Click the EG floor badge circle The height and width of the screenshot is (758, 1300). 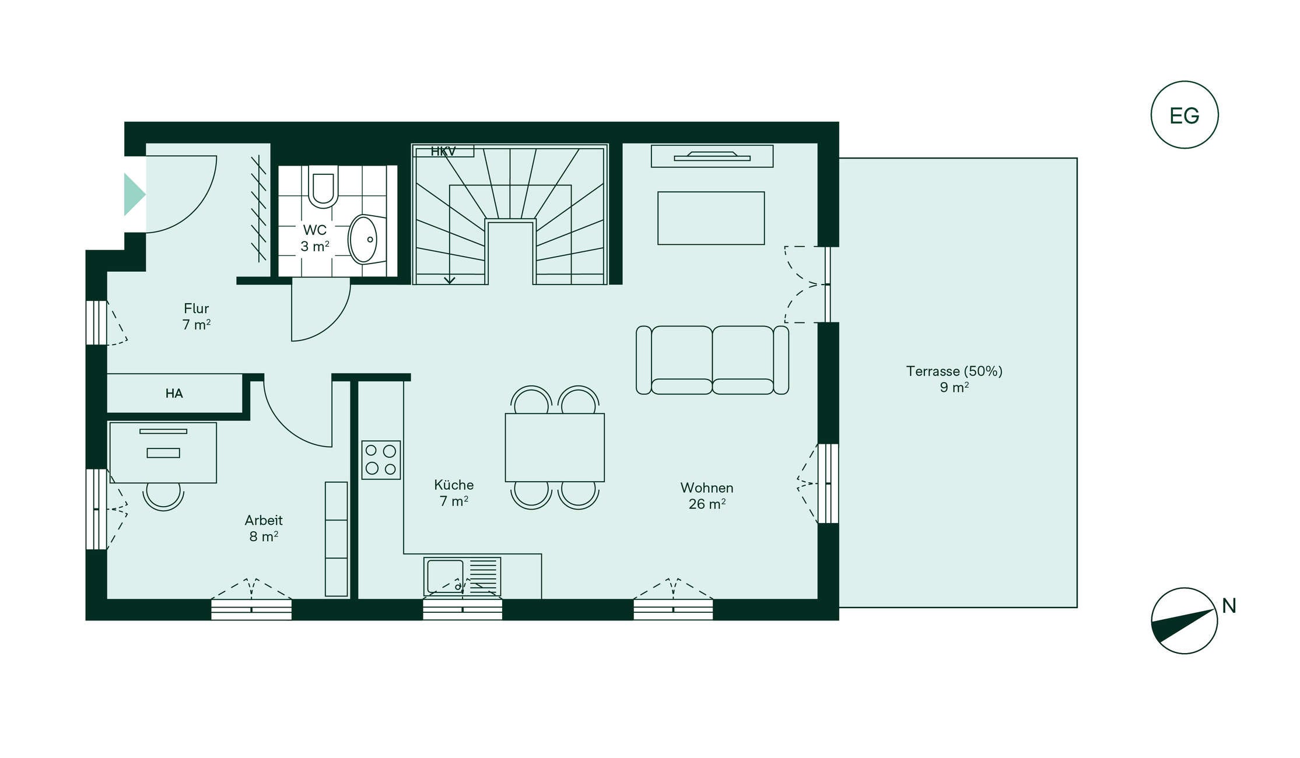pos(1184,82)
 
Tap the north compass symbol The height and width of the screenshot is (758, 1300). pos(1184,620)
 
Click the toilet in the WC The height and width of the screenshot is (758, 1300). pos(323,187)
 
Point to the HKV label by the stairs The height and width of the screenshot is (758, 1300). pos(443,152)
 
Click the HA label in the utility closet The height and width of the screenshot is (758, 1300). pos(174,394)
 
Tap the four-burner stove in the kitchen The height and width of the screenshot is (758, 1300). pos(381,460)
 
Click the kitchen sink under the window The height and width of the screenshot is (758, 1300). pos(462,577)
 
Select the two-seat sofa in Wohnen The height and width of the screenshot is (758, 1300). pos(712,360)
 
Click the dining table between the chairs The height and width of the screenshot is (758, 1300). pos(555,447)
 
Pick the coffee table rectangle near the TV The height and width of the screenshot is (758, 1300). pos(711,218)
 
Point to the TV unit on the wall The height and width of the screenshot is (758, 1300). pos(712,156)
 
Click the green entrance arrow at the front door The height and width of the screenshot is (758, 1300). pos(134,195)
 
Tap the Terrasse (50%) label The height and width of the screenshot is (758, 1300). pos(954,371)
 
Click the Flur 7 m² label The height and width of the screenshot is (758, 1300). pos(197,317)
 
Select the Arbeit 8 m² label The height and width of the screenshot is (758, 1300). pos(264,528)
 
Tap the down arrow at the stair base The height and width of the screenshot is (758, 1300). pos(449,280)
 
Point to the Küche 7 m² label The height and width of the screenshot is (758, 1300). pos(454,493)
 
